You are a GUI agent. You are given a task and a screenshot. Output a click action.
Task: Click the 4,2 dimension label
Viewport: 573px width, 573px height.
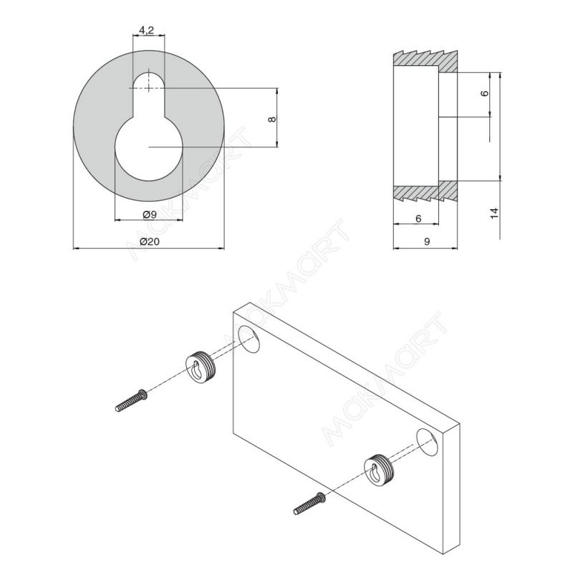146,30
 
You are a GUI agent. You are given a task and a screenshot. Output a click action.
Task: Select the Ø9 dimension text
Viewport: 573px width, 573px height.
150,214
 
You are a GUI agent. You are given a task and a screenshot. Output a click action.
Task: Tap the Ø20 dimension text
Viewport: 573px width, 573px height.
150,241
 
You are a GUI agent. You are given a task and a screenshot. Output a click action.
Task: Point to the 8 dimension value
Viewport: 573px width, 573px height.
272,119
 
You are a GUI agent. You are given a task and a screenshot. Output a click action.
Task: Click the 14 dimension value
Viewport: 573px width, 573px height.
494,213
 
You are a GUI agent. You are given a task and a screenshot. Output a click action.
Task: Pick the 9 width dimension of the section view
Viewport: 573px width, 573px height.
426,241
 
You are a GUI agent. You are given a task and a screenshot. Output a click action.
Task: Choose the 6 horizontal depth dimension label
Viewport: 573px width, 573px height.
418,218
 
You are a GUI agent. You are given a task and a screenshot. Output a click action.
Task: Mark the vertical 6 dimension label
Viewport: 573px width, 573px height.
484,93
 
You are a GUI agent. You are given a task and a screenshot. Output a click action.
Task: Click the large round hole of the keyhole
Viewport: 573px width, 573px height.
149,148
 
